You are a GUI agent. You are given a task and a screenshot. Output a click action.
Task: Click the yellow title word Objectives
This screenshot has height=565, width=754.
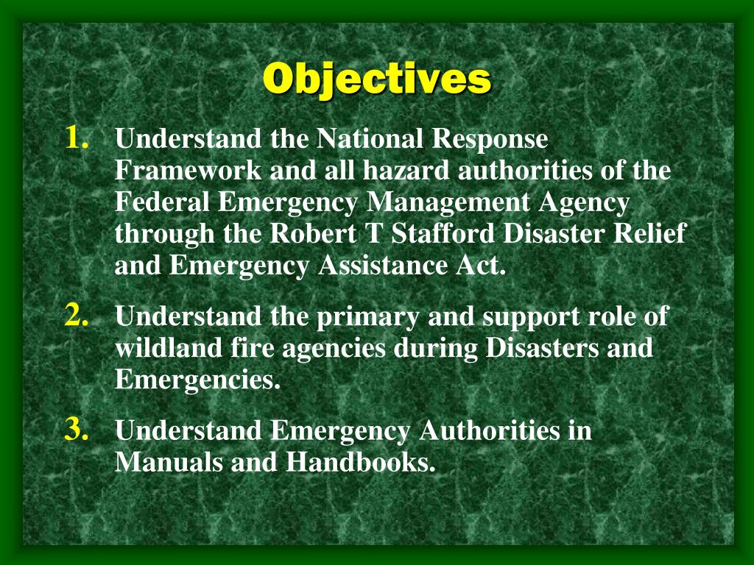click(x=377, y=79)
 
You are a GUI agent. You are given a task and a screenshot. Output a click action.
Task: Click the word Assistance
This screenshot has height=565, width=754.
click(x=379, y=266)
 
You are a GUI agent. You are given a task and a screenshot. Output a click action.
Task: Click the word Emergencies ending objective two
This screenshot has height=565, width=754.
click(x=198, y=380)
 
